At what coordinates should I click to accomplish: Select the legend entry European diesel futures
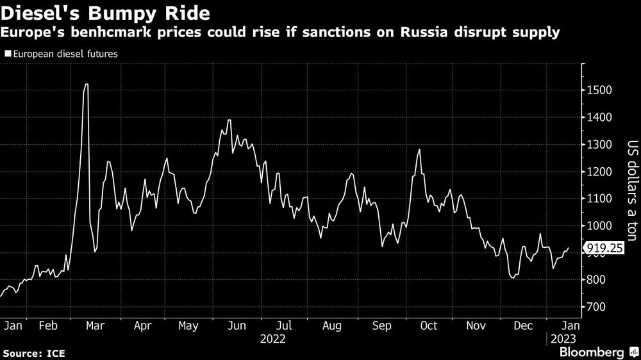point(62,54)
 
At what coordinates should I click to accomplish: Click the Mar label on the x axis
point(95,325)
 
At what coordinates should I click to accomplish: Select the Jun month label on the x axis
point(237,325)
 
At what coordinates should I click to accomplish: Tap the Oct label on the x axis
point(428,325)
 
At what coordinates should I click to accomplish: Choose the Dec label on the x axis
point(524,325)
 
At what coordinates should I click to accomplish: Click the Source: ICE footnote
point(33,353)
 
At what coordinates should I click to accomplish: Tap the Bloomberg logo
point(592,352)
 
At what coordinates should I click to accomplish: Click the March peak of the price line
point(86,85)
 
